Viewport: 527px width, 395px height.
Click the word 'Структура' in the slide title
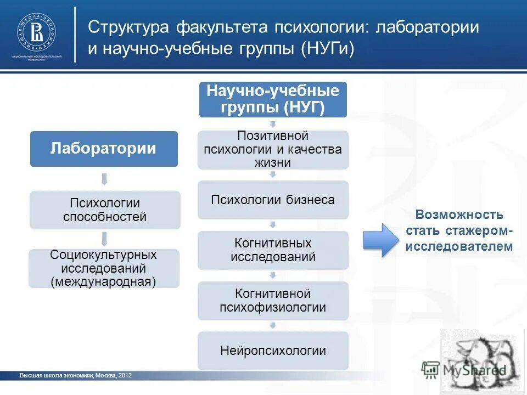(x=128, y=28)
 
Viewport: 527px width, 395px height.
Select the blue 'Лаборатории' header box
(x=104, y=149)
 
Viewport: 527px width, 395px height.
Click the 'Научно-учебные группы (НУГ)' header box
(x=272, y=99)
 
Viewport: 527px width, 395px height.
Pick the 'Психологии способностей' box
(x=105, y=210)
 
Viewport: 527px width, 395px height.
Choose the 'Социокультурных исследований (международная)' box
(x=104, y=268)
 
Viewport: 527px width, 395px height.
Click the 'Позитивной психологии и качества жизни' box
(x=272, y=149)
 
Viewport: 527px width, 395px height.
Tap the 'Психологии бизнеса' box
(x=272, y=200)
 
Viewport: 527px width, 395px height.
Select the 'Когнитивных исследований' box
(x=272, y=250)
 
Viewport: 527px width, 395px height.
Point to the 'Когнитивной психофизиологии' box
(x=272, y=301)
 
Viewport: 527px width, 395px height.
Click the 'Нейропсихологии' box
(x=272, y=351)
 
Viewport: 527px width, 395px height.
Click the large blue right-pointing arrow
(x=382, y=240)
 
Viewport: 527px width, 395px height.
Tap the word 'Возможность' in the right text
(x=459, y=215)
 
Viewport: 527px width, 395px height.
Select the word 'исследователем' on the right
(x=459, y=247)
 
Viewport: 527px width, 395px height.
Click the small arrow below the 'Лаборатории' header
(x=104, y=178)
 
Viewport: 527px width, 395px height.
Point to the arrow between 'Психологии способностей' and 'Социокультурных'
(x=104, y=239)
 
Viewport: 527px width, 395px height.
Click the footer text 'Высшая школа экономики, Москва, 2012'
(x=75, y=376)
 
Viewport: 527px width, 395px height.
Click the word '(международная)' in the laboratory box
(x=104, y=281)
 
